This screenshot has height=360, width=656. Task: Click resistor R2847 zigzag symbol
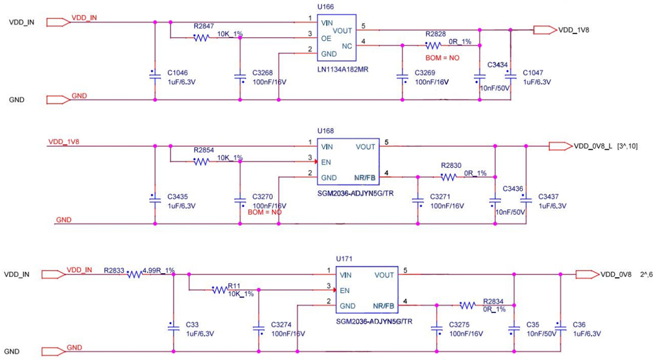(x=201, y=38)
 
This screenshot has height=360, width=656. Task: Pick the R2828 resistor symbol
(x=432, y=46)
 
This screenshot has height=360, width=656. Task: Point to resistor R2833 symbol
(x=134, y=274)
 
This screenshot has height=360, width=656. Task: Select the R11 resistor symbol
(x=220, y=290)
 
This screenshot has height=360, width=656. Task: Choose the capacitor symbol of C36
(x=560, y=328)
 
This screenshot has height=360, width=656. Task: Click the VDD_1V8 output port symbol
(x=545, y=30)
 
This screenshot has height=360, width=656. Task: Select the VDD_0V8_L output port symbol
(x=560, y=146)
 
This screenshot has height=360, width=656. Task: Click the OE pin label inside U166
(x=327, y=38)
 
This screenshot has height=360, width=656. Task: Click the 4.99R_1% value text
(x=159, y=271)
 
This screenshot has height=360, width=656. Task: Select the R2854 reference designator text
(x=204, y=150)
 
